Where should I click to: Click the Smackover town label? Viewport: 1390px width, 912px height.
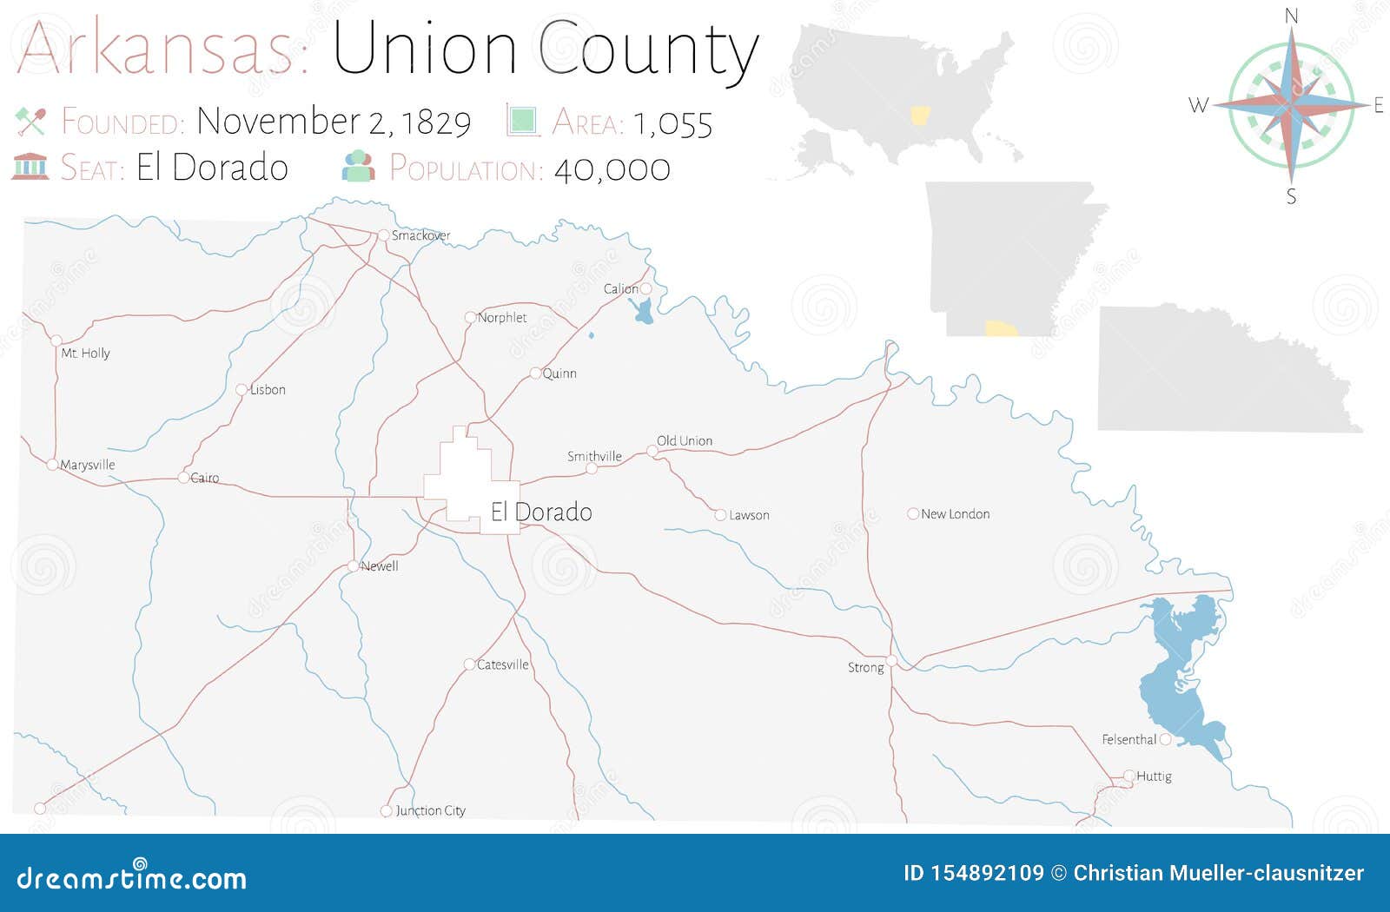point(420,235)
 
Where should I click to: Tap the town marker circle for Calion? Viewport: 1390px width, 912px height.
point(645,288)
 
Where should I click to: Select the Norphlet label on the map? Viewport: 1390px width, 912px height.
point(502,318)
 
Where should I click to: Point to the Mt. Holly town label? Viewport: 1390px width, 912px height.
point(85,353)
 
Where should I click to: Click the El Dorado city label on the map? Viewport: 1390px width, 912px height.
point(541,512)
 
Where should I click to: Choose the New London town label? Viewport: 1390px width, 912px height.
point(955,514)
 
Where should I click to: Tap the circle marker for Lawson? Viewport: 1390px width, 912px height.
point(720,515)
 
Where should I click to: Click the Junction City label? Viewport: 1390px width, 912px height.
point(430,810)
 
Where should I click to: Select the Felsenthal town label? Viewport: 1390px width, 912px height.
point(1129,739)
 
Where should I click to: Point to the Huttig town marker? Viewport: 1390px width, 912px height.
point(1129,776)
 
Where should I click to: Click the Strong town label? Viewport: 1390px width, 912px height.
point(865,667)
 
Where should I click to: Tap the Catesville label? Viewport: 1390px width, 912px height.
point(502,664)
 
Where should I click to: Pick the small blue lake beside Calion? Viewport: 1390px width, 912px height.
point(643,312)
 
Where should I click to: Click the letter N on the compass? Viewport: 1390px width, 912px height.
point(1291,16)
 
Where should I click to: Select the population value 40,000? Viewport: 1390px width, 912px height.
point(612,169)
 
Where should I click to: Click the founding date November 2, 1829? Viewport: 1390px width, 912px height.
point(334,122)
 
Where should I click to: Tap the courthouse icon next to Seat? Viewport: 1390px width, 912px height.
point(30,166)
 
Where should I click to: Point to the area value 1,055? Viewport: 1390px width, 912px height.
point(672,123)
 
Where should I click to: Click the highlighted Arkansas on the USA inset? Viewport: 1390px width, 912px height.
point(919,115)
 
